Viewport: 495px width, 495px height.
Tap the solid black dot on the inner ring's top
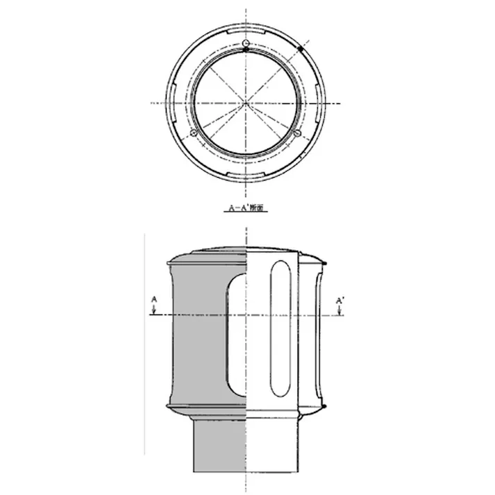click(x=246, y=49)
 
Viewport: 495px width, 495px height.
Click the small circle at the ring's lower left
click(x=194, y=132)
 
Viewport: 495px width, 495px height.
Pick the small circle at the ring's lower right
click(x=298, y=132)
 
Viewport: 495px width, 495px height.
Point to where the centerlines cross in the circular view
click(x=246, y=103)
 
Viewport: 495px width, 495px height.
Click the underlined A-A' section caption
click(x=247, y=207)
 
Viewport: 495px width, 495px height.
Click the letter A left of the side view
click(x=154, y=299)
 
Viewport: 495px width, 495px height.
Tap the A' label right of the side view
click(x=339, y=299)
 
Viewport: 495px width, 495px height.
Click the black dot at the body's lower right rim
click(x=325, y=405)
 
